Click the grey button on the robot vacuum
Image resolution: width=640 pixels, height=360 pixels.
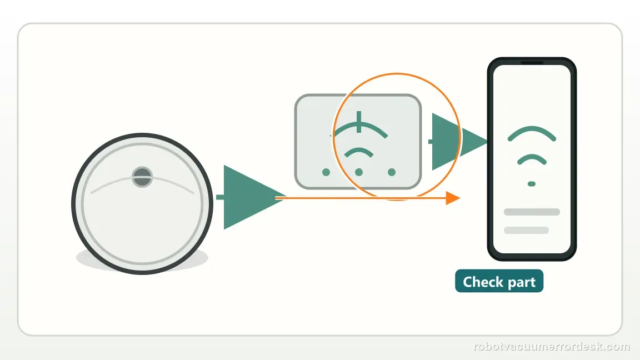[x=142, y=177]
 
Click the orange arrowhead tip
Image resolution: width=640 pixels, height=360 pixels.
[x=460, y=198]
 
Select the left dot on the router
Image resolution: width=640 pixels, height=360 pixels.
[x=326, y=172]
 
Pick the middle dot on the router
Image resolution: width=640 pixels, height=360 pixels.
[x=359, y=172]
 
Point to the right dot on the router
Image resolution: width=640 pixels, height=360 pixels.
[x=392, y=172]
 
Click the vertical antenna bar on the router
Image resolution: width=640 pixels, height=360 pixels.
[x=359, y=122]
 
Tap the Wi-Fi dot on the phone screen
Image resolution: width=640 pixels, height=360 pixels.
[x=532, y=184]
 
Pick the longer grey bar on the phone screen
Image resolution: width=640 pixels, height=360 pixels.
[x=532, y=212]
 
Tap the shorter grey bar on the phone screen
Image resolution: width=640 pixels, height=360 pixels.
[x=526, y=230]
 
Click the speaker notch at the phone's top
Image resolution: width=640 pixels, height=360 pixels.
[x=532, y=62]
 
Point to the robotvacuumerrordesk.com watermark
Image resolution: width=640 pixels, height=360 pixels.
[x=552, y=347]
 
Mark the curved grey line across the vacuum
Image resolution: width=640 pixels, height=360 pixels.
[x=142, y=179]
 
